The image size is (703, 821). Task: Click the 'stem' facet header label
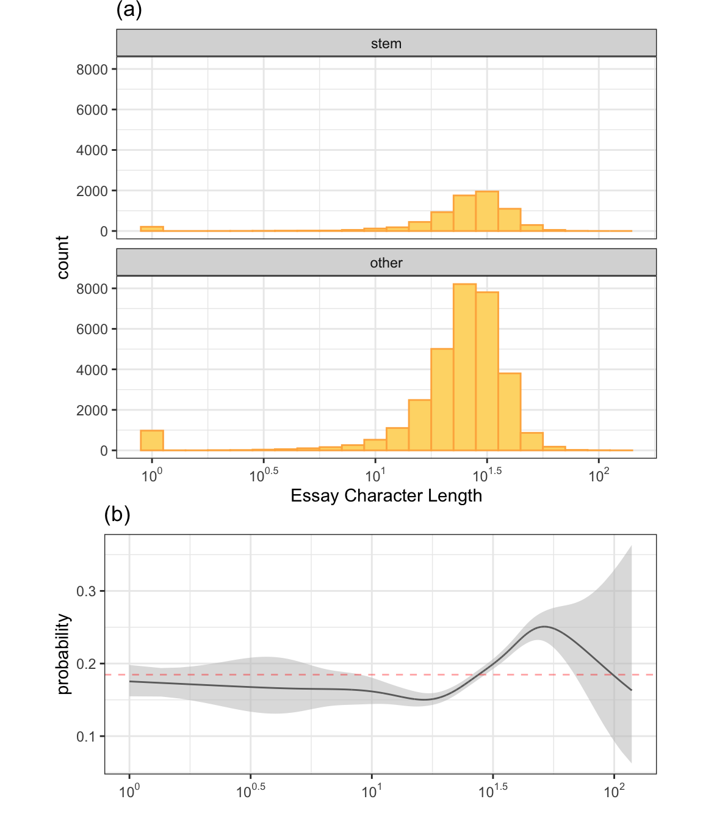coord(386,43)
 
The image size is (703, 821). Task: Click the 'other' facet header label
coord(386,263)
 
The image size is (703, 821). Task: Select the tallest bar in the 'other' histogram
coord(464,367)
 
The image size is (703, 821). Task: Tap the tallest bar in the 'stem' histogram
coord(487,211)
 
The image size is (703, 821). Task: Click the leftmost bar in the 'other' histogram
coord(152,440)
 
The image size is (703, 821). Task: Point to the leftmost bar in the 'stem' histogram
coord(152,229)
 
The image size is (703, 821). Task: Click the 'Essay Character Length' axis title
coord(386,495)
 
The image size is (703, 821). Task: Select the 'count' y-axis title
coord(63,257)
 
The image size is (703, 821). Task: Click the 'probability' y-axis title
coord(63,654)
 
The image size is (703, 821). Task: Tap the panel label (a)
coord(129,10)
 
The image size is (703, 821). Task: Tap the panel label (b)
coord(117,515)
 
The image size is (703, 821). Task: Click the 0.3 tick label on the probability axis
coord(86,591)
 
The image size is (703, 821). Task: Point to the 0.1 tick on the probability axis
coord(86,737)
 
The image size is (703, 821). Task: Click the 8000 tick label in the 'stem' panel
coord(92,70)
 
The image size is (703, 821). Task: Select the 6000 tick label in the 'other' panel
coord(92,329)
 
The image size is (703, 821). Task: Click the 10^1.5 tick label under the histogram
coord(488,475)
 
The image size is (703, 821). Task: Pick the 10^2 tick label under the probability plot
coord(614,792)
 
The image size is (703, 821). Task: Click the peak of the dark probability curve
coord(544,627)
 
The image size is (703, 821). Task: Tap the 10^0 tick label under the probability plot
coord(129,792)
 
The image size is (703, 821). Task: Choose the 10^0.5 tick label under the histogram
coord(264,475)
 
